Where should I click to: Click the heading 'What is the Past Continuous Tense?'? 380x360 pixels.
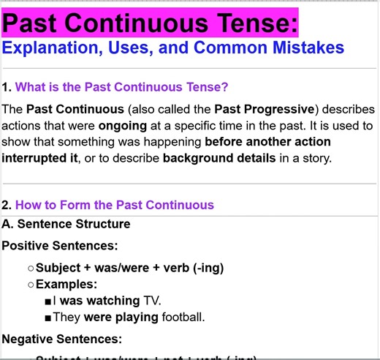pos(122,88)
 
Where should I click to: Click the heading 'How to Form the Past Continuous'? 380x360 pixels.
pos(115,205)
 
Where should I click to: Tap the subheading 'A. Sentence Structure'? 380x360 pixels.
pos(66,224)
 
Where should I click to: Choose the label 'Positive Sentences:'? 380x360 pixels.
pos(60,246)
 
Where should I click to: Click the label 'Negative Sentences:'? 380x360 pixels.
pos(62,339)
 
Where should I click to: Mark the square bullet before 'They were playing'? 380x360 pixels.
pos(47,318)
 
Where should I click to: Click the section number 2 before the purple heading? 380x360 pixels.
pos(6,205)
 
